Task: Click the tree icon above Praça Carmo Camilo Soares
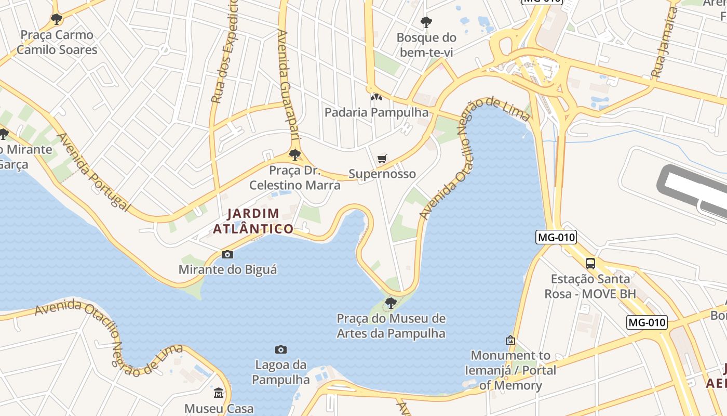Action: [57, 19]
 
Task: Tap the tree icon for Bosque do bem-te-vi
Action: [426, 22]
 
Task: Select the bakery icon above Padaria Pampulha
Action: [376, 97]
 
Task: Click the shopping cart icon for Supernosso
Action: [382, 159]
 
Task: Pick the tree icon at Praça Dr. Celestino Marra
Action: [295, 154]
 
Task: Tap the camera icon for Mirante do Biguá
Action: [227, 254]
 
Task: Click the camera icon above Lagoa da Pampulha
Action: [281, 349]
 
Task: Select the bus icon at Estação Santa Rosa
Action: [590, 263]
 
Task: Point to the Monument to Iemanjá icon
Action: [510, 340]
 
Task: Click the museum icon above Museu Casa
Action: [219, 393]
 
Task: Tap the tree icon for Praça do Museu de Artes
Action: [391, 303]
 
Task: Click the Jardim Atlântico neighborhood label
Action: [253, 221]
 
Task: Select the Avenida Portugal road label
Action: [93, 172]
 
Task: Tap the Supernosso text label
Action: [382, 174]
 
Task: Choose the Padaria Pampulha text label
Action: [376, 112]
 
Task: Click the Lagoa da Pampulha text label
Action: [281, 372]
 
